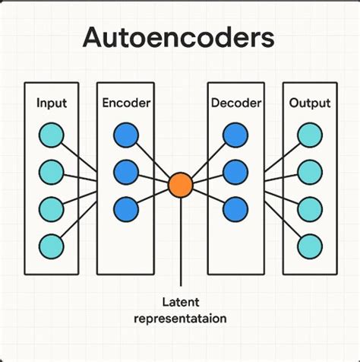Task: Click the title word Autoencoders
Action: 180,39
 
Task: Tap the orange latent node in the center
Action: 180,185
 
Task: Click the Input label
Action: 50,103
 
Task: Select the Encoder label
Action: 125,103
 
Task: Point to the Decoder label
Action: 235,103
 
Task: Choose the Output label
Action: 309,103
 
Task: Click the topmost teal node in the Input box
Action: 51,135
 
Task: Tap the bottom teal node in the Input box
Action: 51,246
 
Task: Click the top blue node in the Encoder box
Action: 125,135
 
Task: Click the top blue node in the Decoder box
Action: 235,135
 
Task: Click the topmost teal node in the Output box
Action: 309,135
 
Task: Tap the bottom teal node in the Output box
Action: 309,246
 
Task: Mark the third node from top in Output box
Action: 309,208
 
